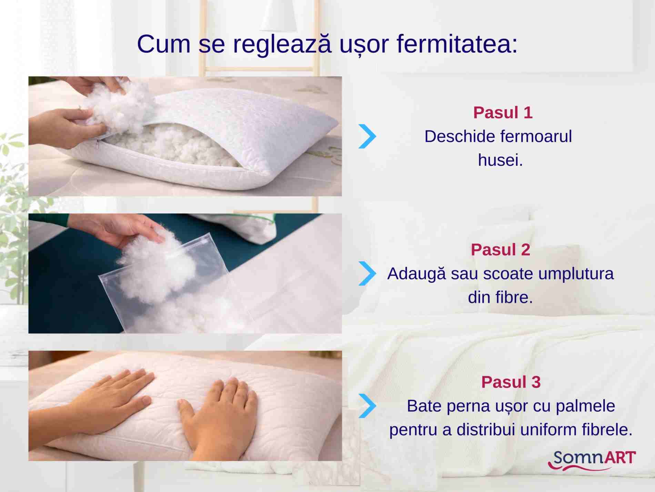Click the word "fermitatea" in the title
click(457, 44)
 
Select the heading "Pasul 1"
click(503, 113)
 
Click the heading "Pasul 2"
click(501, 250)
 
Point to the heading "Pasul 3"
click(511, 382)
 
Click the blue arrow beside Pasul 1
click(367, 136)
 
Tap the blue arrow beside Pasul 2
click(367, 273)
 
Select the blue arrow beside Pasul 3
click(367, 406)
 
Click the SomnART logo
click(592, 460)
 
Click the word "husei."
click(501, 160)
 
